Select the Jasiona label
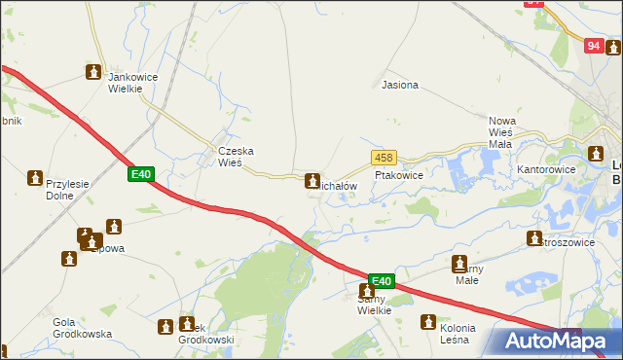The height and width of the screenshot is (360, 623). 400,85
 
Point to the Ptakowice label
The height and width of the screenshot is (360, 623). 399,176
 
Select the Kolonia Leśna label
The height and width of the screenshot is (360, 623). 445,334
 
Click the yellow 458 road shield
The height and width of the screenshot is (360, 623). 384,158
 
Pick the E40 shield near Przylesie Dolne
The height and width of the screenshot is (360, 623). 141,174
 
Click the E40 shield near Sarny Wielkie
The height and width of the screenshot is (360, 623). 382,281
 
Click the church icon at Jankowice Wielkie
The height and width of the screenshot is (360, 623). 93,71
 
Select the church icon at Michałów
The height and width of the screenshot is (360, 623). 311,180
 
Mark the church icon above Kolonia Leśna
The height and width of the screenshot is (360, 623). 427,322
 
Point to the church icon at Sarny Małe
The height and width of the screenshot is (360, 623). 459,262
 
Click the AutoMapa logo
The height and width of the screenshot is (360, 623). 552,340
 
